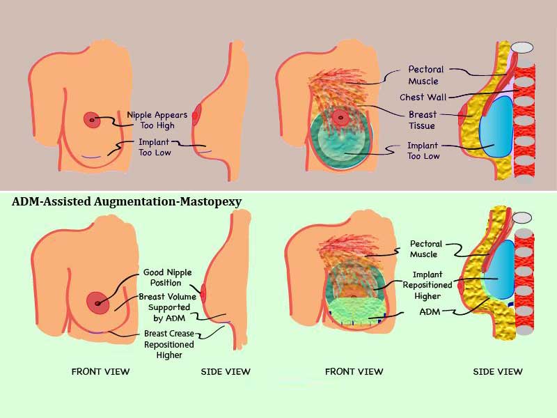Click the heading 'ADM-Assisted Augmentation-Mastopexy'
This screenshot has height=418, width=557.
126,202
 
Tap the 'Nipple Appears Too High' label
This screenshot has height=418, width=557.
150,120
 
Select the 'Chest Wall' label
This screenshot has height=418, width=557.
423,97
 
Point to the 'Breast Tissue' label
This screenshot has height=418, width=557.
423,120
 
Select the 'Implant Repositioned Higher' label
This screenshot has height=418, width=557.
427,285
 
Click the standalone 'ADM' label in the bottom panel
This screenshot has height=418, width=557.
428,313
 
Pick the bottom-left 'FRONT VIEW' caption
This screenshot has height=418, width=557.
100,371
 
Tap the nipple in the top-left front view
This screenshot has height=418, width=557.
92,120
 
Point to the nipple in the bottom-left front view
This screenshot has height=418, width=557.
97,302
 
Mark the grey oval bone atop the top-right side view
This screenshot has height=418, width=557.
521,47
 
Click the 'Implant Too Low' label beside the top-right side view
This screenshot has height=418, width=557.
423,151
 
